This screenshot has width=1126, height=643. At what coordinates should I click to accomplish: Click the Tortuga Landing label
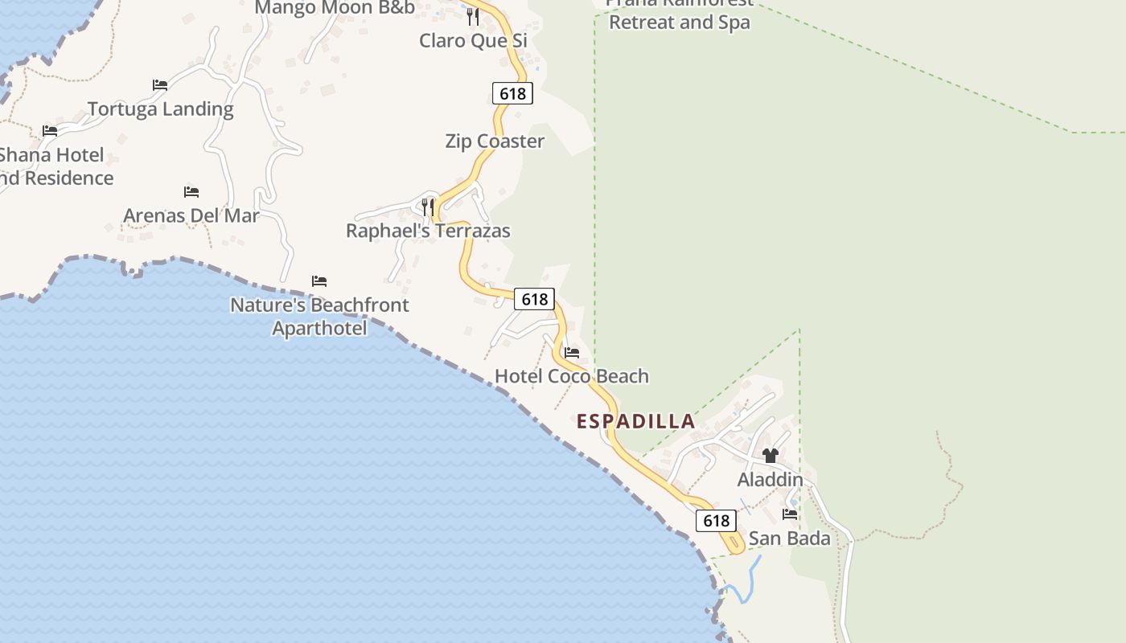coord(160,109)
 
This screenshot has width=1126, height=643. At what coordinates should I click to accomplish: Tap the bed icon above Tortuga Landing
coord(160,84)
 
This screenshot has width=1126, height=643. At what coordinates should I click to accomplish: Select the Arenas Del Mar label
coord(191,215)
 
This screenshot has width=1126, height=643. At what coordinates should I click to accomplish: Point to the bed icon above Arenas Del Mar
coord(191,192)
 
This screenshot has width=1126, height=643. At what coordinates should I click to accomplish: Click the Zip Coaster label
coord(495,141)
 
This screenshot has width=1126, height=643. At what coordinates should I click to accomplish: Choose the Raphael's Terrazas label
coord(428,231)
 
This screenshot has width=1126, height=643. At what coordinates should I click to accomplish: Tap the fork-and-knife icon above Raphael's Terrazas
coord(428,207)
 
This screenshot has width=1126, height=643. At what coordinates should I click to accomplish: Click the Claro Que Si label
coord(473,40)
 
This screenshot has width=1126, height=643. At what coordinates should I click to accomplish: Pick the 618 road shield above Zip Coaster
coord(512,93)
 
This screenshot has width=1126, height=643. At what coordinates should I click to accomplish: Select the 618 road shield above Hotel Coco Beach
coord(534,299)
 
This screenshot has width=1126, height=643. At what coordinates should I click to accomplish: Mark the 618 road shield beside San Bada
coord(716,521)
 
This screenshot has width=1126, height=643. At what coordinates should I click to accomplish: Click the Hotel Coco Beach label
coord(571,376)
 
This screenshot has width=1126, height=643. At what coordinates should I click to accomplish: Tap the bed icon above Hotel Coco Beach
coord(572,353)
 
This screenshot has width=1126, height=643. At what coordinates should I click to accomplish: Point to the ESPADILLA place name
coord(635,421)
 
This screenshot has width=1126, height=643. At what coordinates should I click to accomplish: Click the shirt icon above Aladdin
coord(771,456)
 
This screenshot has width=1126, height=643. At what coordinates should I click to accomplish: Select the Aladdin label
coord(771,480)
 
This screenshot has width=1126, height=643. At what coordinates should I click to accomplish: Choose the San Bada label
coord(789,539)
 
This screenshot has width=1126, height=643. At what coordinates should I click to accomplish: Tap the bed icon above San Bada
coord(790,514)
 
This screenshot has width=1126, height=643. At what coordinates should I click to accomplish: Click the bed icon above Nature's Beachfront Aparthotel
coord(319,281)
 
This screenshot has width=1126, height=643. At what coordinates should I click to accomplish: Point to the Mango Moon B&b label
coord(335,8)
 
